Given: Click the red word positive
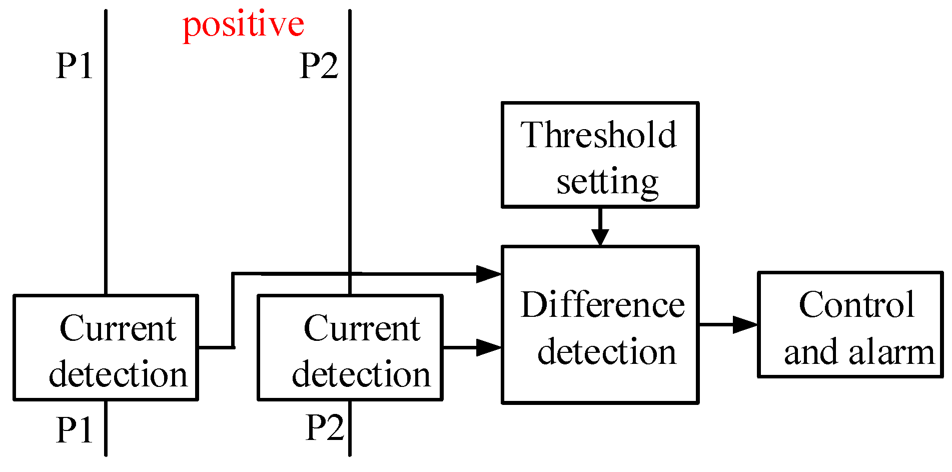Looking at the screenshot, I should pyautogui.click(x=244, y=25).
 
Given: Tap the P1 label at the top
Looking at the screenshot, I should pyautogui.click(x=75, y=66).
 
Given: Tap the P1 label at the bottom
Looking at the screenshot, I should pyautogui.click(x=75, y=429).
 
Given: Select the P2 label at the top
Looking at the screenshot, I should pyautogui.click(x=319, y=66).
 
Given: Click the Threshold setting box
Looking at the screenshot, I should pyautogui.click(x=600, y=155).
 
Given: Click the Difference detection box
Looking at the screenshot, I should pyautogui.click(x=600, y=324).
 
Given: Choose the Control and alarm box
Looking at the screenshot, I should pyautogui.click(x=850, y=324).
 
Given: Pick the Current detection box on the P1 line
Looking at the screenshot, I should pyautogui.click(x=106, y=347).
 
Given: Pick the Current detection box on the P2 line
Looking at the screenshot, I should pyautogui.click(x=350, y=347).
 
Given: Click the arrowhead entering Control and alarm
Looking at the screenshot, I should pyautogui.click(x=745, y=324).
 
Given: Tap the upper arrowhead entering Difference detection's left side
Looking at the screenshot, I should pyautogui.click(x=488, y=274).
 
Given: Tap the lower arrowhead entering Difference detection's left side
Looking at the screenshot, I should pyautogui.click(x=488, y=347).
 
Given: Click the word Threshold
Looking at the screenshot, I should pyautogui.click(x=598, y=135).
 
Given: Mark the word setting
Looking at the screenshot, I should pyautogui.click(x=607, y=183).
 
